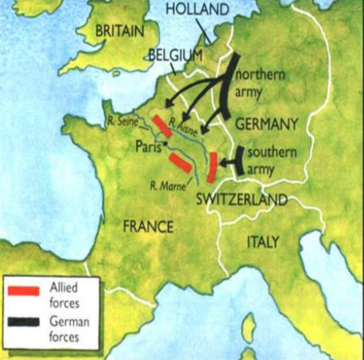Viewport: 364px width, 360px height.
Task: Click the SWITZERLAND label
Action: coord(241,200)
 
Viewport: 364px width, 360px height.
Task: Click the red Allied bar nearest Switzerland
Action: coord(214,168)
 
